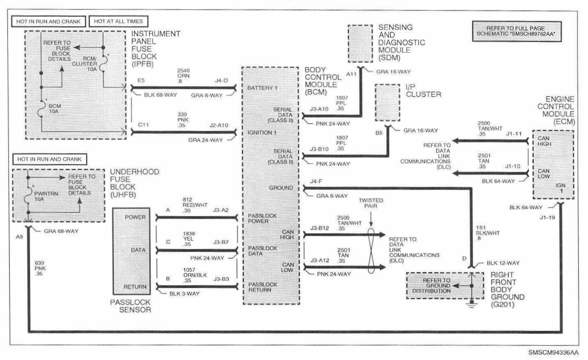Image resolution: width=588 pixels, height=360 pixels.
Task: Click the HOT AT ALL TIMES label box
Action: (x=118, y=21)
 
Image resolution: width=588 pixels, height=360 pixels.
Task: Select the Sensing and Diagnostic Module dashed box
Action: (x=360, y=44)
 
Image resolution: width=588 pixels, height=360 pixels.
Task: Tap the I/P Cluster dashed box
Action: (x=387, y=103)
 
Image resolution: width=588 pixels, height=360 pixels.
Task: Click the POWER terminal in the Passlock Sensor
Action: (x=135, y=217)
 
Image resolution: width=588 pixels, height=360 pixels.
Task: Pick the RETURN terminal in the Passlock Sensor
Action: (x=135, y=287)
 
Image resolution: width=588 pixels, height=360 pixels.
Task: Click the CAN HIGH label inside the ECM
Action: (x=544, y=141)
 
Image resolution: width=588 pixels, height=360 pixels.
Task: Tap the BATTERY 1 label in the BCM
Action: (x=263, y=88)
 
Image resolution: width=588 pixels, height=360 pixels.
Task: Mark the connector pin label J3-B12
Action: (x=320, y=228)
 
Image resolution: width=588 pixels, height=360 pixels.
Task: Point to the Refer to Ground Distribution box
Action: (x=436, y=286)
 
